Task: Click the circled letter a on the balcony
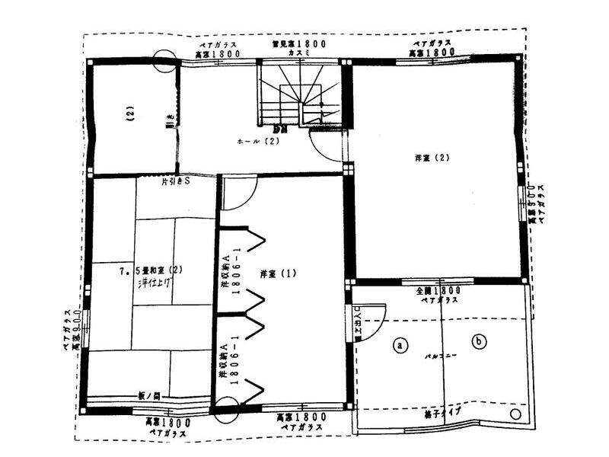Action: pos(398,344)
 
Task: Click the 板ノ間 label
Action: pos(149,396)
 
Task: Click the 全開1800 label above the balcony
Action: pos(437,291)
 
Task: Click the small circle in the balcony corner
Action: pos(515,414)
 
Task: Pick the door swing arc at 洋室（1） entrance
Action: pos(235,195)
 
